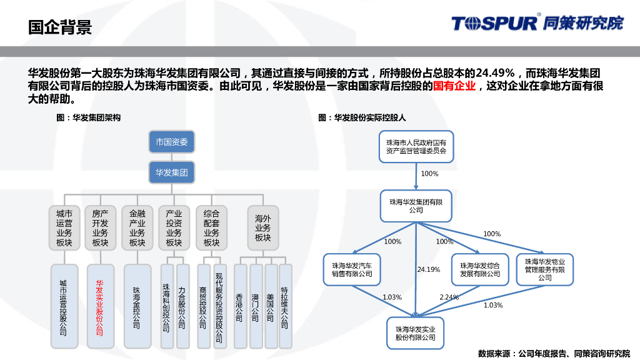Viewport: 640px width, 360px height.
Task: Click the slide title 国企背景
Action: point(61,27)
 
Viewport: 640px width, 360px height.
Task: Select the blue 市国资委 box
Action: point(171,142)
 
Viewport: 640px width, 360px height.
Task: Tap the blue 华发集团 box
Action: point(171,172)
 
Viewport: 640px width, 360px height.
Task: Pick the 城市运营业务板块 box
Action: point(64,228)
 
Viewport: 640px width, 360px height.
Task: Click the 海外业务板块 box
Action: point(262,228)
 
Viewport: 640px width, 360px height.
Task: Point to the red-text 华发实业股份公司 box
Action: point(100,306)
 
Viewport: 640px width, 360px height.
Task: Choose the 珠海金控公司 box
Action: point(137,306)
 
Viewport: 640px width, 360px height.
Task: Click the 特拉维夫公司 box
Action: point(285,306)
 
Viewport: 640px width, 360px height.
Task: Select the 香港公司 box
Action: point(239,306)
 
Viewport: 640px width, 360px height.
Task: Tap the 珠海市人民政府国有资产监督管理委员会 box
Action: point(416,147)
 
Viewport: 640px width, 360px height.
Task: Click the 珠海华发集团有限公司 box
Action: point(416,206)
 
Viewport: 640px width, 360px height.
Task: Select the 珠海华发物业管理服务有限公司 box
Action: point(544,269)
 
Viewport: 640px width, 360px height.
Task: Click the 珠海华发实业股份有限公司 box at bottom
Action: point(416,333)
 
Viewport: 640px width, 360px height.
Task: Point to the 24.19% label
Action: point(429,269)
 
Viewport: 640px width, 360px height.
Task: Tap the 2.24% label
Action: point(449,297)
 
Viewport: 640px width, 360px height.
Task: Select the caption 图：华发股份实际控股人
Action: point(362,117)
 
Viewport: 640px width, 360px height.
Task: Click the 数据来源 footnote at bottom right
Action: point(554,353)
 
